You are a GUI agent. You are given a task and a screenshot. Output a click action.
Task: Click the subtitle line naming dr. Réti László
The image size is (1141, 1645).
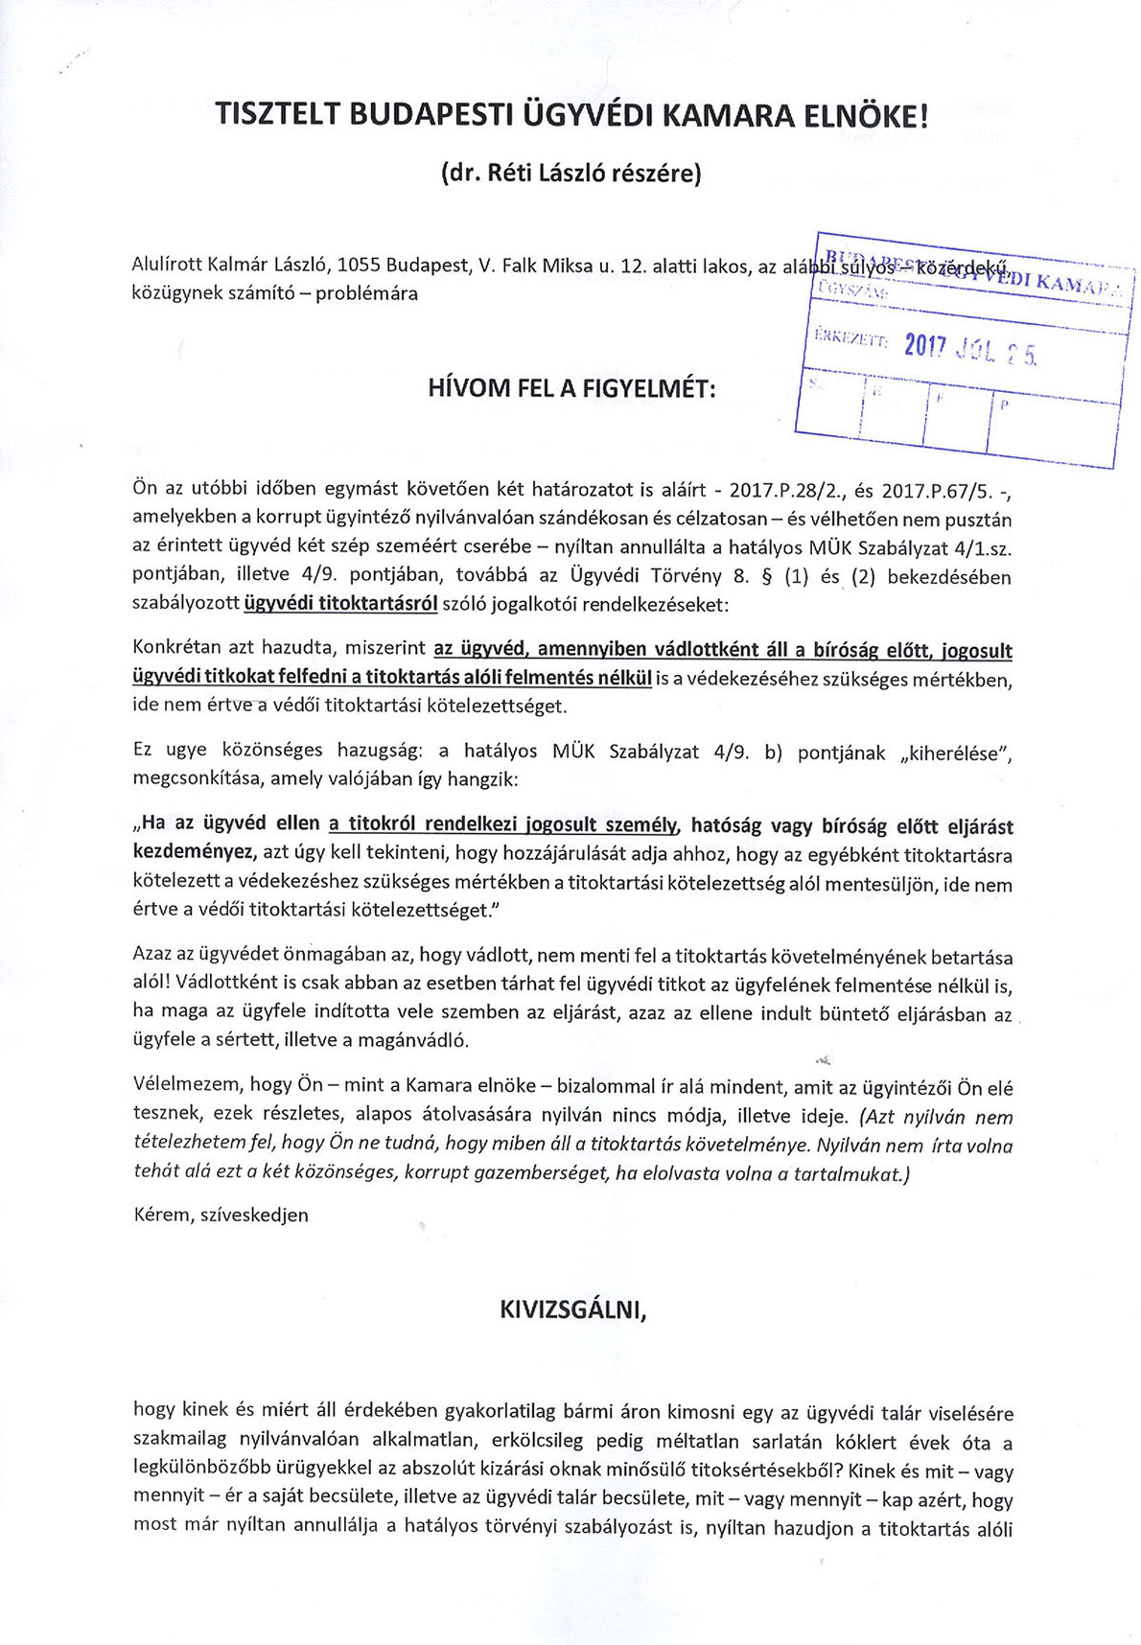(570, 173)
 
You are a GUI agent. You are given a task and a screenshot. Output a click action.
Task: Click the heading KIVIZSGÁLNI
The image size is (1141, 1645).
(573, 1309)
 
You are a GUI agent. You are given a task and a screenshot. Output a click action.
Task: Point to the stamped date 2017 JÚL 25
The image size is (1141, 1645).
(970, 351)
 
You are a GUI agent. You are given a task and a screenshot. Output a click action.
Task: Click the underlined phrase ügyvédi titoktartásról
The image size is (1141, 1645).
(341, 605)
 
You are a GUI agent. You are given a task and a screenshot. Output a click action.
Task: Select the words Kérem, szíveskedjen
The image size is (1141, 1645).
(221, 1215)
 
